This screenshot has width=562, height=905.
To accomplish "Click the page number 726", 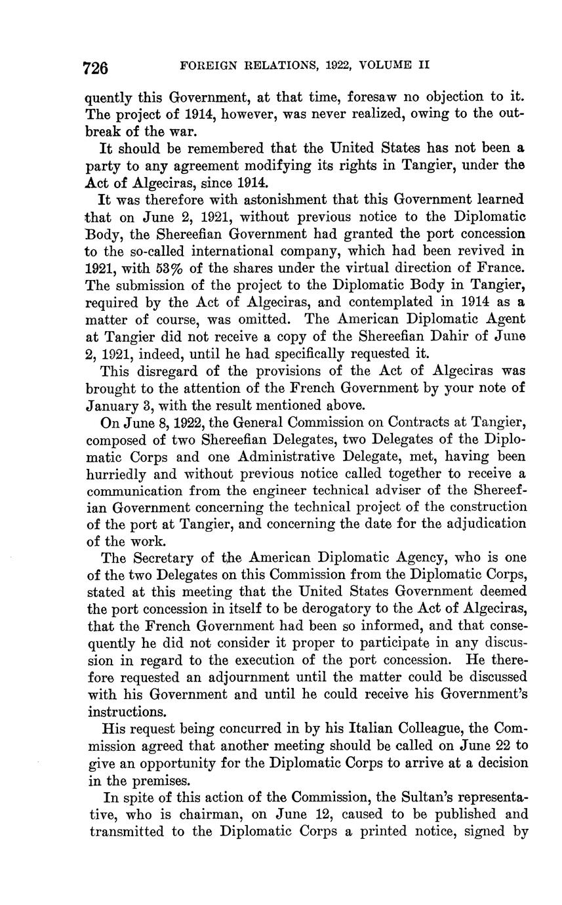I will click(x=95, y=68).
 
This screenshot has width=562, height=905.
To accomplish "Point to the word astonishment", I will click(x=266, y=199).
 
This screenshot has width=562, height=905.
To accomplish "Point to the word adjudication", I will click(x=477, y=524).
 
